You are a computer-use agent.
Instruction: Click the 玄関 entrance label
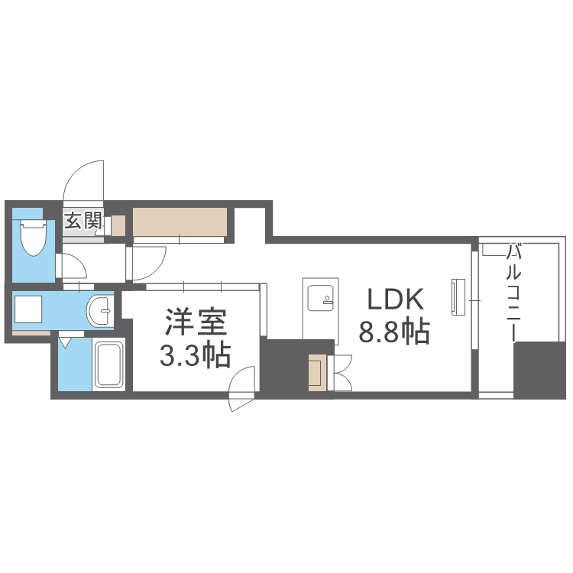(83, 222)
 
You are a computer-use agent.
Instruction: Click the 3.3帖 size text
(195, 356)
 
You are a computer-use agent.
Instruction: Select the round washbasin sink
(99, 311)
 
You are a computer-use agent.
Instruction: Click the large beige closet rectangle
(180, 222)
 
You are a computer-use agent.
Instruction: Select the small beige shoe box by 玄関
(118, 225)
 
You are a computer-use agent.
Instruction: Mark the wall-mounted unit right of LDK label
(458, 296)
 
